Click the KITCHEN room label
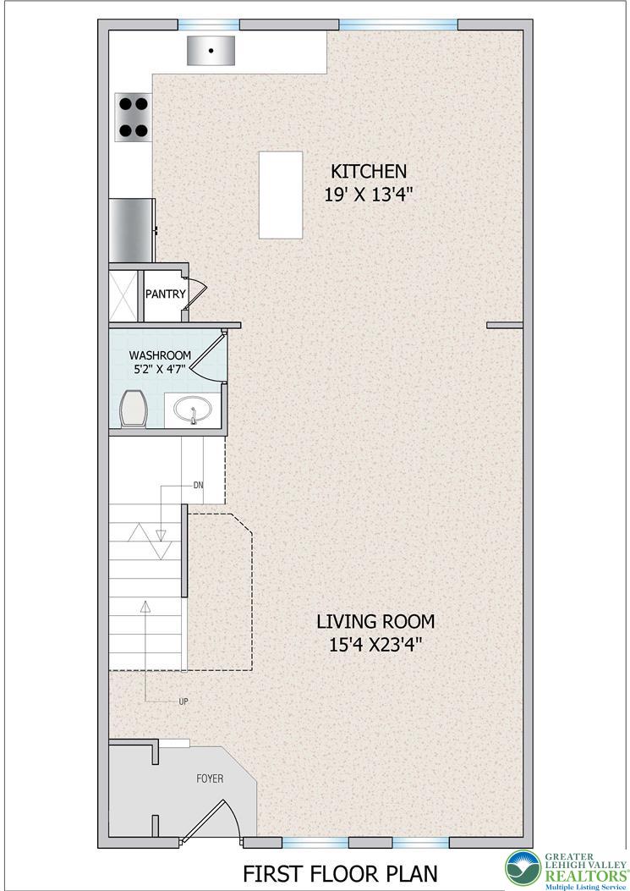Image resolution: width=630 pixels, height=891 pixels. (x=369, y=171)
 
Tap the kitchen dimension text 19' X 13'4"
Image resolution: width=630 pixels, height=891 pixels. (x=368, y=195)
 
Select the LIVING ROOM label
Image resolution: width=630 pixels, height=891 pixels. (x=375, y=622)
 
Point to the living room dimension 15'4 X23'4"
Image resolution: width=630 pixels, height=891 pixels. (x=375, y=646)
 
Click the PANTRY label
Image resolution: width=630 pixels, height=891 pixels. (x=165, y=294)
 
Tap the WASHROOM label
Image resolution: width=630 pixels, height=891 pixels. (x=160, y=355)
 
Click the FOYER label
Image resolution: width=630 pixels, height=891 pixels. (x=210, y=778)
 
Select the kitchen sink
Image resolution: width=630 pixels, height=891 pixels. (x=211, y=51)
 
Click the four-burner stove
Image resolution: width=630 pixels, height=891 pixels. (x=134, y=117)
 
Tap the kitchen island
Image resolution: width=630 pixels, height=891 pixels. (x=281, y=195)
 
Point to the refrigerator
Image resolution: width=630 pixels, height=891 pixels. (x=133, y=230)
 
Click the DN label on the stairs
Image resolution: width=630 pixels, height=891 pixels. (x=198, y=486)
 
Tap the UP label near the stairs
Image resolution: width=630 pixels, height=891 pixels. (x=184, y=701)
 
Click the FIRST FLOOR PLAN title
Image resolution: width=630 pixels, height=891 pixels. (x=340, y=873)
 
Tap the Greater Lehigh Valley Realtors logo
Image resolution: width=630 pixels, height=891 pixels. (x=567, y=869)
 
